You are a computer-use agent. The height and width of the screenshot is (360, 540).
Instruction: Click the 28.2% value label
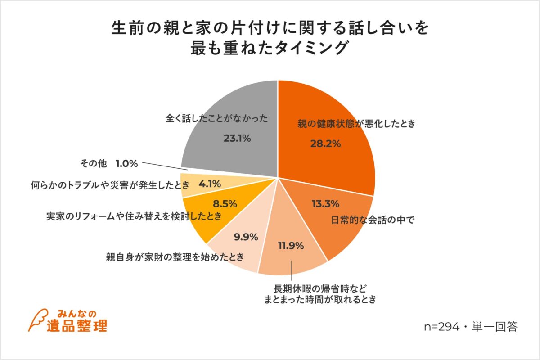point(325,144)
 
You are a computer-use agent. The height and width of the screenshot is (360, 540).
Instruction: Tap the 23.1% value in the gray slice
point(237,139)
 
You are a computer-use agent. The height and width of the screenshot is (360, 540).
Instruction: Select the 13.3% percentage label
point(325,204)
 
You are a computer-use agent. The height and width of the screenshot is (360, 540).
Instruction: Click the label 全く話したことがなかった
point(217,119)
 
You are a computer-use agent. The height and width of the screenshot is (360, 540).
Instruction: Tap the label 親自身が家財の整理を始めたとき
point(175,257)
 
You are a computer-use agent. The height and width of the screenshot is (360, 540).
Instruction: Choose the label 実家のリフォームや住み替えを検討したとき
point(134,216)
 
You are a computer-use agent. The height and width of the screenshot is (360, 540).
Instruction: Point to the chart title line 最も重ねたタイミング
point(270,48)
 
